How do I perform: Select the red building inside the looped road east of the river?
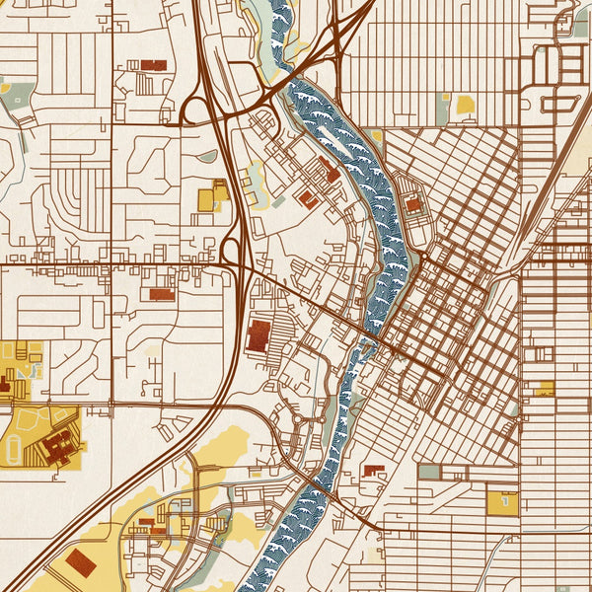click(x=413, y=204)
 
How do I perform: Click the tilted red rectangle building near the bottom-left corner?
click(x=80, y=563)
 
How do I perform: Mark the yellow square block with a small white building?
click(x=502, y=500)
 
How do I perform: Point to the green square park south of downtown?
click(x=429, y=472)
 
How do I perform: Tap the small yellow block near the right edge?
click(x=544, y=388)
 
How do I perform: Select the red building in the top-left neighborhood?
click(x=154, y=64)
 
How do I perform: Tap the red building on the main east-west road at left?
click(x=161, y=293)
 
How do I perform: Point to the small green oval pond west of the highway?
click(x=206, y=156)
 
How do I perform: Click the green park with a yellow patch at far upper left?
click(x=18, y=94)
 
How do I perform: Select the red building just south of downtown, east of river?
click(x=374, y=471)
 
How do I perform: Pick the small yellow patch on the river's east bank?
click(x=375, y=135)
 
